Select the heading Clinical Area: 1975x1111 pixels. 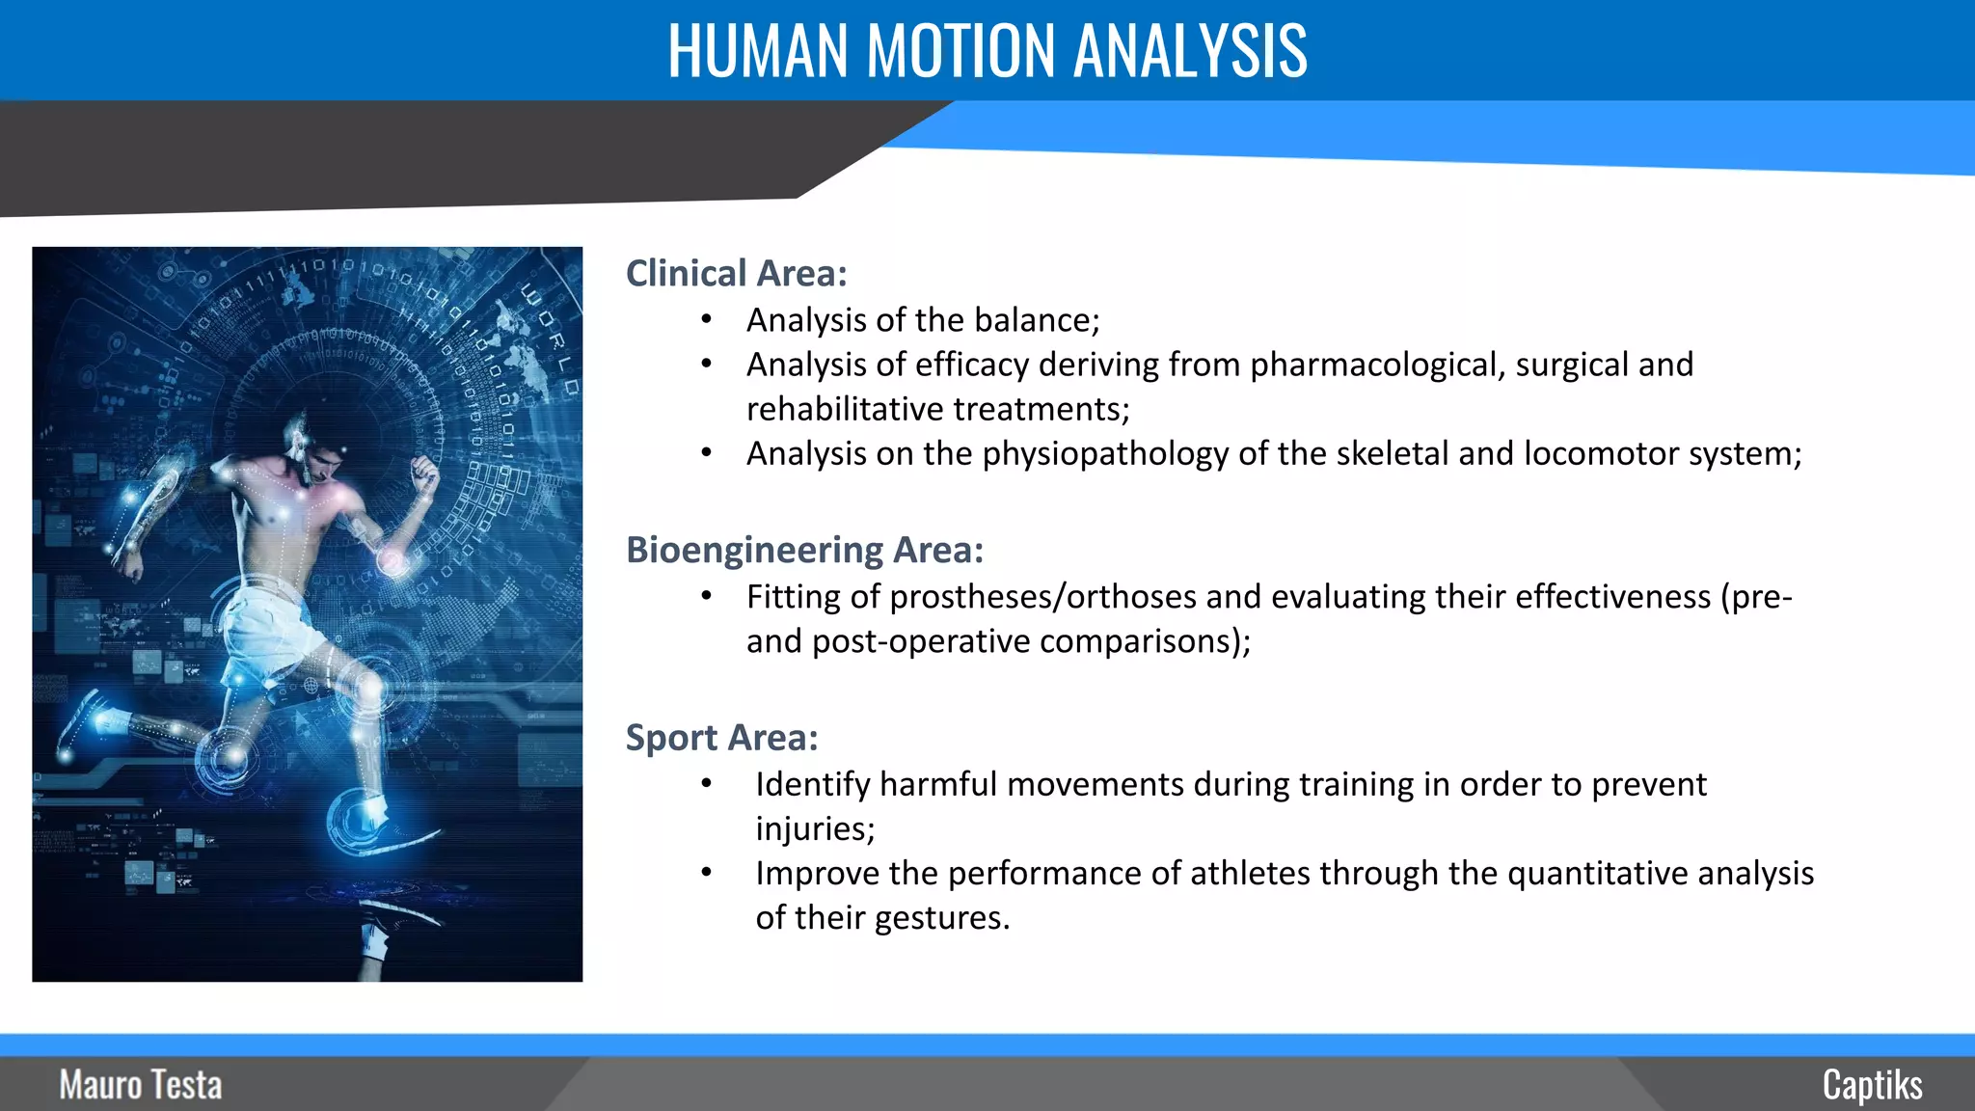(736, 274)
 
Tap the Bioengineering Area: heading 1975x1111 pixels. (804, 550)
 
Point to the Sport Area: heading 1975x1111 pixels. (721, 738)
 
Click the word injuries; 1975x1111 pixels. (815, 829)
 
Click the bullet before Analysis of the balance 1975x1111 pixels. (707, 319)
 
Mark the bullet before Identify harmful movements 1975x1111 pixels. (707, 784)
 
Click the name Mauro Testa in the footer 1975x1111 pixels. (141, 1085)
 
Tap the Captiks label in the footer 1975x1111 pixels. (1872, 1085)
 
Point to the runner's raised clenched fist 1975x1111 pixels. (423, 474)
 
